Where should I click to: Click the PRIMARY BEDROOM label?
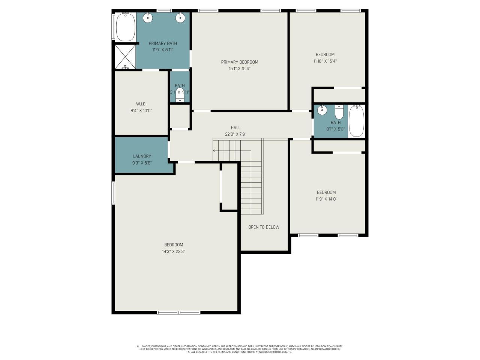[x=239, y=62]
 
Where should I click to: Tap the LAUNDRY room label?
[x=142, y=156]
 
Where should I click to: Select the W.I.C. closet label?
[x=141, y=104]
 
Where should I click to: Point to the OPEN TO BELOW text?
[x=264, y=227]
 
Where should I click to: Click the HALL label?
[x=235, y=128]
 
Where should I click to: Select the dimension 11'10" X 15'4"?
[x=325, y=61]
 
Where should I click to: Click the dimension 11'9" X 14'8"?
[x=326, y=199]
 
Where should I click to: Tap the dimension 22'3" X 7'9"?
[x=235, y=134]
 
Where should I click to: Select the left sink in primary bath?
[x=149, y=17]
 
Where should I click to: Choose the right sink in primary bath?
[x=180, y=17]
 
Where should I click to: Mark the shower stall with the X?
[x=125, y=57]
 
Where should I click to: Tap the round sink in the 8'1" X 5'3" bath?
[x=322, y=111]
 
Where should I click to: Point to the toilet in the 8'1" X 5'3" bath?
[x=339, y=112]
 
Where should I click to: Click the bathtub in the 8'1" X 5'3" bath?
[x=356, y=121]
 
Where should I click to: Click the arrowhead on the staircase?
[x=214, y=151]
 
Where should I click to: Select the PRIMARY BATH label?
[x=162, y=43]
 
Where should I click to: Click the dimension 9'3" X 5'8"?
[x=142, y=163]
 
